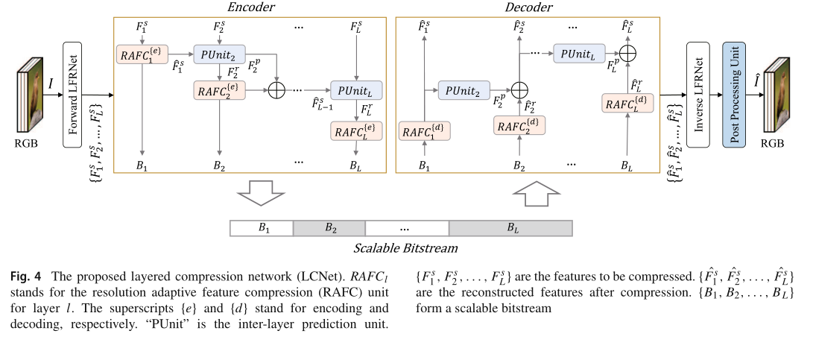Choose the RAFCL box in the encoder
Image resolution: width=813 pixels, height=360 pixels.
pos(356,132)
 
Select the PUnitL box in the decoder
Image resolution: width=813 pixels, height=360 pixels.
pos(577,55)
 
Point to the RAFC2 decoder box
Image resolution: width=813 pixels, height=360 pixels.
pos(519,126)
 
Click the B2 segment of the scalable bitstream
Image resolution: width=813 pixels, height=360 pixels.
pos(329,227)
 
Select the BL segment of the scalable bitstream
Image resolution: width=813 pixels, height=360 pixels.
pos(510,227)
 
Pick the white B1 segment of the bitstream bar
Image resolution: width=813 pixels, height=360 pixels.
pos(262,227)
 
